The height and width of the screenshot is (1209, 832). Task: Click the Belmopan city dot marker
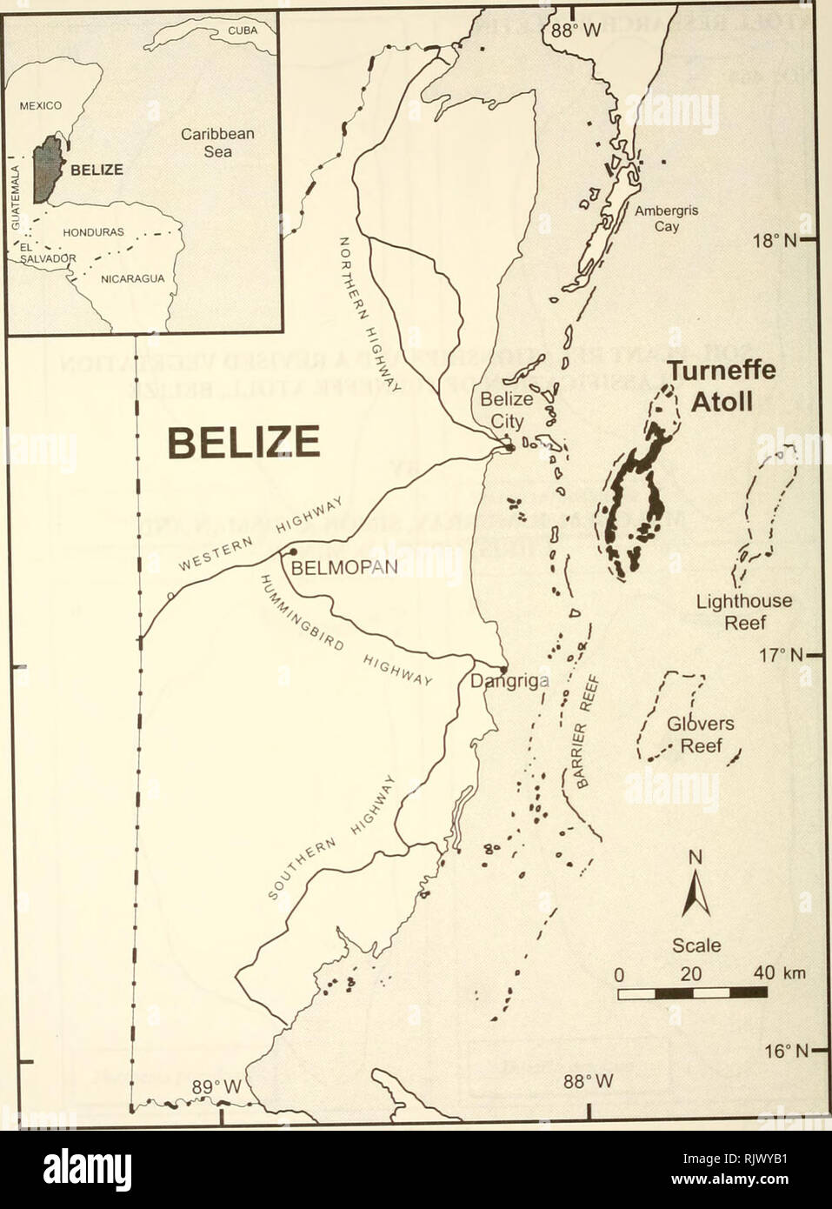(293, 551)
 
